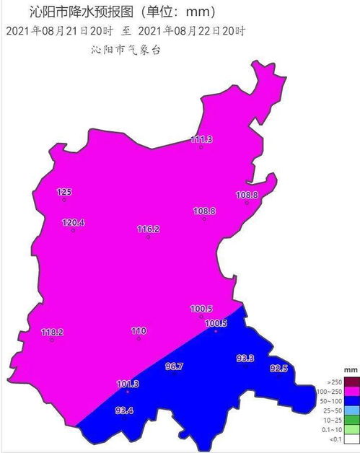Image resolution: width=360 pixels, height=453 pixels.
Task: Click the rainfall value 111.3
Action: coord(201,139)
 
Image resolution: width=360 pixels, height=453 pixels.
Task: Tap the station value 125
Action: coord(65,192)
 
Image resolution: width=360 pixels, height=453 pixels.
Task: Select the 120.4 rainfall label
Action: coord(73,223)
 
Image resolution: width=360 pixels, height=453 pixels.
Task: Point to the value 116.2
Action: coord(148,229)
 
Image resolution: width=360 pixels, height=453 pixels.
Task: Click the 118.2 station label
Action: coord(52,333)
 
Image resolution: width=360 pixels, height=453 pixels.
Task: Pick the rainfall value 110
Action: coord(139,331)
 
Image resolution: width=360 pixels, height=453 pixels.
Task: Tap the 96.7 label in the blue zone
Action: coord(175,366)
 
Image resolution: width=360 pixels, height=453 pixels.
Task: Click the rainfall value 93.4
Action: coord(124,410)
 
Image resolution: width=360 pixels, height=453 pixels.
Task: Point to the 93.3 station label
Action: coord(245,359)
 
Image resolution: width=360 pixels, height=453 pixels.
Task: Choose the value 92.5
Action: coord(278,369)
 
